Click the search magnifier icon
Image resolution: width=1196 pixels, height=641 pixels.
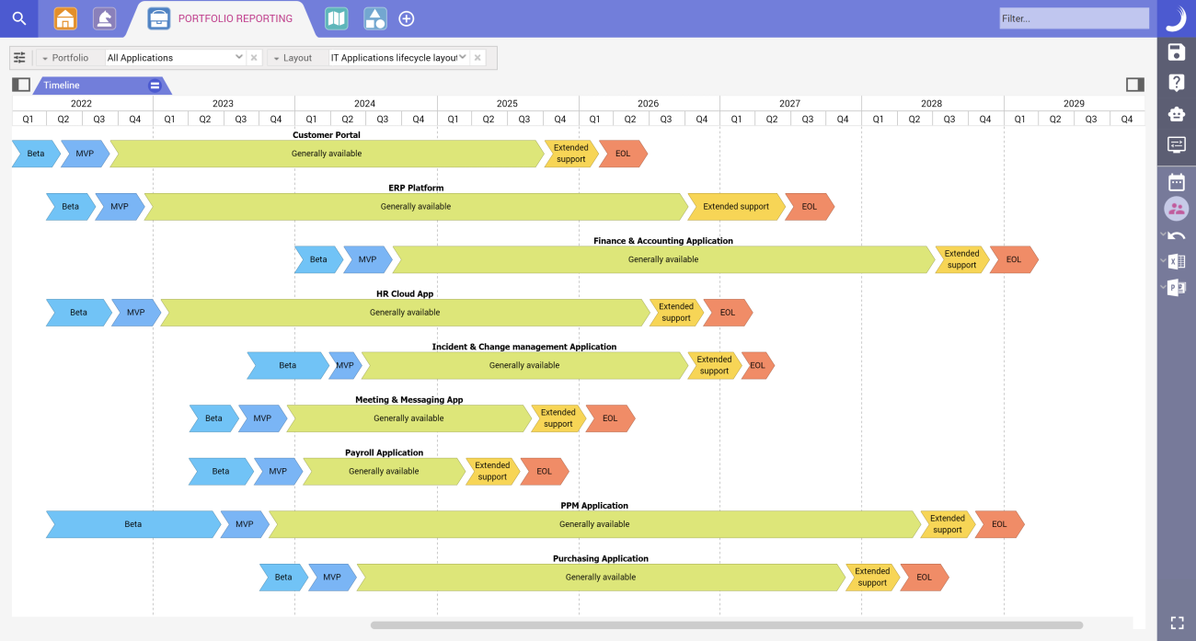[x=18, y=18]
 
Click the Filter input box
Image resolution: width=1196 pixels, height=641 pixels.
[x=1074, y=18]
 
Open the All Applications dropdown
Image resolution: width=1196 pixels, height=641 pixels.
[x=175, y=58]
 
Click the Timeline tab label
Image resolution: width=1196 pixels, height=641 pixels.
[x=62, y=86]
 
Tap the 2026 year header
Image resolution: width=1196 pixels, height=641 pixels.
[x=648, y=104]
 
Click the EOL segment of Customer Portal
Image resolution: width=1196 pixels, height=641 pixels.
[x=623, y=154]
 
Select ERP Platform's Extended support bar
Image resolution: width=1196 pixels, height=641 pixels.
[x=735, y=207]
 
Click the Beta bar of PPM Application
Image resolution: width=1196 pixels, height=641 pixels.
[x=132, y=524]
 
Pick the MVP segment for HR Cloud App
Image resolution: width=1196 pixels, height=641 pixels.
[x=135, y=313]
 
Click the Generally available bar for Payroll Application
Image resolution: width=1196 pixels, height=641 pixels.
[x=384, y=472]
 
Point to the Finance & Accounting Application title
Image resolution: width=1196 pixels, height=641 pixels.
[x=662, y=241]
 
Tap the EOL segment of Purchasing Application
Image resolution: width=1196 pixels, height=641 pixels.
[x=924, y=578]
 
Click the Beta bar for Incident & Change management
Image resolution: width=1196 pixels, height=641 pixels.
[x=287, y=366]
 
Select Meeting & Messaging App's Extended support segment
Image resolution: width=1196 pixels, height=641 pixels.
[x=558, y=418]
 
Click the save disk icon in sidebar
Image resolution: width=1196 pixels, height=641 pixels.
[x=1176, y=52]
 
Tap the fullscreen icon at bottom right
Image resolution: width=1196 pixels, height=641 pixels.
[x=1176, y=623]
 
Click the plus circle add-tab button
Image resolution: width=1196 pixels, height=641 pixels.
[x=406, y=18]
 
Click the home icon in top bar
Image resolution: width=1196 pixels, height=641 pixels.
[x=65, y=18]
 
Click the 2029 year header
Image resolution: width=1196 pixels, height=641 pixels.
[x=1074, y=104]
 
